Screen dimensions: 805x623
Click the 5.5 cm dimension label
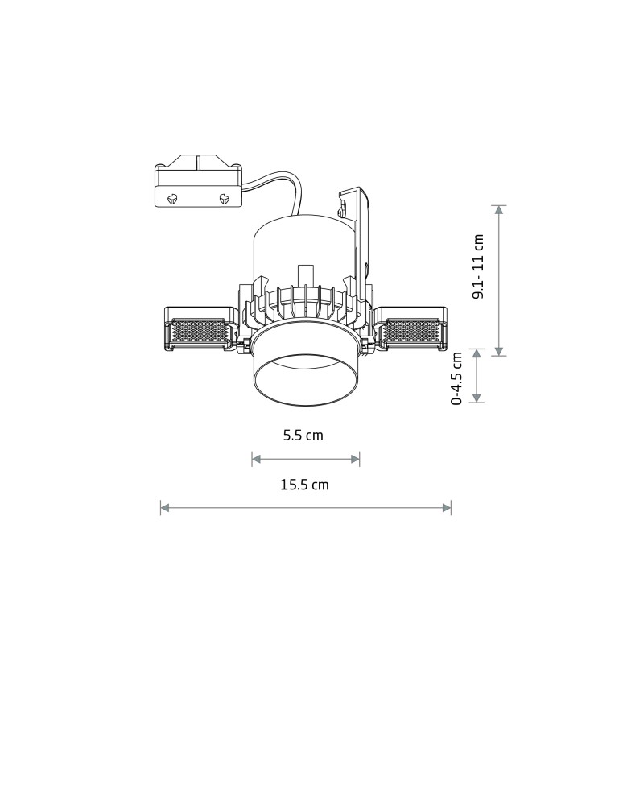pos(303,436)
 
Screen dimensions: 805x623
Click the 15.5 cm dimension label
pos(304,485)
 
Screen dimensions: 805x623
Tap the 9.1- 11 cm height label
pos(479,266)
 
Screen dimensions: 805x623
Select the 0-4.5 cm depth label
pos(456,378)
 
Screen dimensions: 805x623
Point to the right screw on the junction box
pos(223,197)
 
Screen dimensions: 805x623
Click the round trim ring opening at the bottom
pos(306,378)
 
